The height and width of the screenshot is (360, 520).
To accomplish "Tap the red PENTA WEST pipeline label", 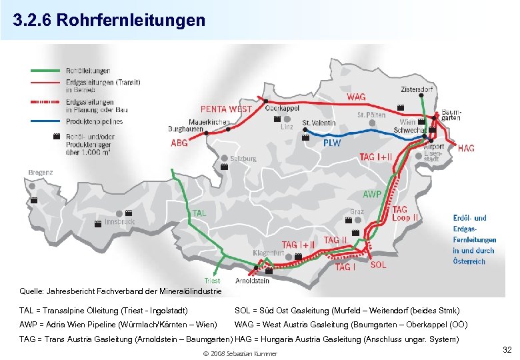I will (x=226, y=109).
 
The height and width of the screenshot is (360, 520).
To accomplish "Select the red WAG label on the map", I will (x=356, y=97).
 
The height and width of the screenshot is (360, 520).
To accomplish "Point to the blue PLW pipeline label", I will (x=332, y=143).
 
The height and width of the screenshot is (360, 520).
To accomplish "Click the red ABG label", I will (x=179, y=142).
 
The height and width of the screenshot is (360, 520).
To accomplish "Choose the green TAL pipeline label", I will (x=200, y=213).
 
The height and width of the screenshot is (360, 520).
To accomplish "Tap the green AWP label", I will (x=372, y=195).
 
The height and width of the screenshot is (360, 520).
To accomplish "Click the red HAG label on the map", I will (x=466, y=148).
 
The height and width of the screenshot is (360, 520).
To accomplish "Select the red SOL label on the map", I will (x=378, y=265).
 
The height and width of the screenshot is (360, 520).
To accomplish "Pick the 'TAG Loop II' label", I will (x=405, y=213).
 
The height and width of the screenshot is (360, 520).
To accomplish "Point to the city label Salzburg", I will (x=244, y=159).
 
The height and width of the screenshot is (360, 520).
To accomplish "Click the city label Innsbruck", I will (x=119, y=221).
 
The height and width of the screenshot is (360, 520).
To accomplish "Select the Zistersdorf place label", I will (x=417, y=89).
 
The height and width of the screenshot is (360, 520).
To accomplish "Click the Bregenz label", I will (x=40, y=172).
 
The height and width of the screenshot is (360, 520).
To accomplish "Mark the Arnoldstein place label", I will (x=252, y=281).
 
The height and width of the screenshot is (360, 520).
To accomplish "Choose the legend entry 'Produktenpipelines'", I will (x=94, y=122).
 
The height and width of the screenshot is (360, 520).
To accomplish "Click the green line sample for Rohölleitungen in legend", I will (x=46, y=71).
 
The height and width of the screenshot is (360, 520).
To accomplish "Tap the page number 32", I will (x=507, y=349).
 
